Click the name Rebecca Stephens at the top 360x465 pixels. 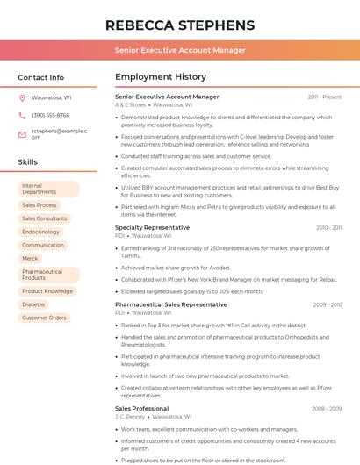(x=179, y=25)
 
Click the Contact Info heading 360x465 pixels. (x=41, y=77)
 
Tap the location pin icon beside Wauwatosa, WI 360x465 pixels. (x=22, y=98)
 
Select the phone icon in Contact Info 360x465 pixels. (x=22, y=115)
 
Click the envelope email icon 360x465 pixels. (x=22, y=134)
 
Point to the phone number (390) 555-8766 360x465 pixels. (x=50, y=115)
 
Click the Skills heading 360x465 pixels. (x=27, y=162)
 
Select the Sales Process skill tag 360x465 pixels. (x=39, y=205)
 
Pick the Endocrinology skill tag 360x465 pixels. (x=40, y=232)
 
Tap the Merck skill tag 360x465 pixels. (x=30, y=259)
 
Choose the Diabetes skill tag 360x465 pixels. (x=33, y=304)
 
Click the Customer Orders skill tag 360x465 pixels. (x=44, y=318)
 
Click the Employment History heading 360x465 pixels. (x=161, y=77)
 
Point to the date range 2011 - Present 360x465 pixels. (x=324, y=97)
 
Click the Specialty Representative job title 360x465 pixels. (x=152, y=227)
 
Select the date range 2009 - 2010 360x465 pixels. (x=328, y=304)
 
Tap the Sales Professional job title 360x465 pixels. (x=141, y=408)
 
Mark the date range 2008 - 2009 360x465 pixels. (x=327, y=408)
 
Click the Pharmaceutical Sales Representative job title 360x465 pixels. (x=170, y=304)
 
